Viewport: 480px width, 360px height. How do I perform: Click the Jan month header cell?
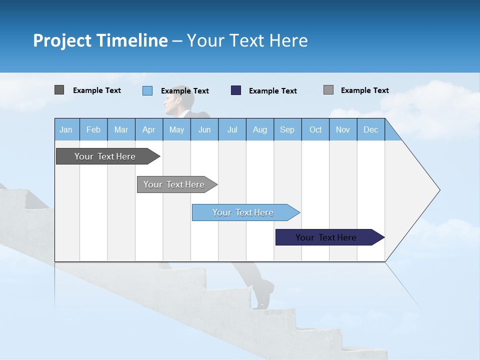tap(66, 129)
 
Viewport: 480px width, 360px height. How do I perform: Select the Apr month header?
tap(149, 129)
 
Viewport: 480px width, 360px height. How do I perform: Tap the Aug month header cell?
tap(260, 129)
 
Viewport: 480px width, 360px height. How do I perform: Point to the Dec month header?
tap(370, 129)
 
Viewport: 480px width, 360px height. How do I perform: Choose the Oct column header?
tap(315, 129)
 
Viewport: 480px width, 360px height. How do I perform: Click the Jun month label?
tap(204, 129)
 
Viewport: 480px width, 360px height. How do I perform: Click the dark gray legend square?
tap(59, 90)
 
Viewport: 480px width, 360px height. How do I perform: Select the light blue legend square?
tap(147, 90)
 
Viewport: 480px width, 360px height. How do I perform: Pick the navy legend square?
tap(236, 90)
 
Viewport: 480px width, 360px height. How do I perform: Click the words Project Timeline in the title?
tap(100, 40)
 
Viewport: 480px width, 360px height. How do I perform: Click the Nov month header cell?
tap(343, 129)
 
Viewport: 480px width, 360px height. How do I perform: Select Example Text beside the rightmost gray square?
tap(364, 90)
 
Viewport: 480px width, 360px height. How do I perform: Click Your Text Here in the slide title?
tap(247, 40)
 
